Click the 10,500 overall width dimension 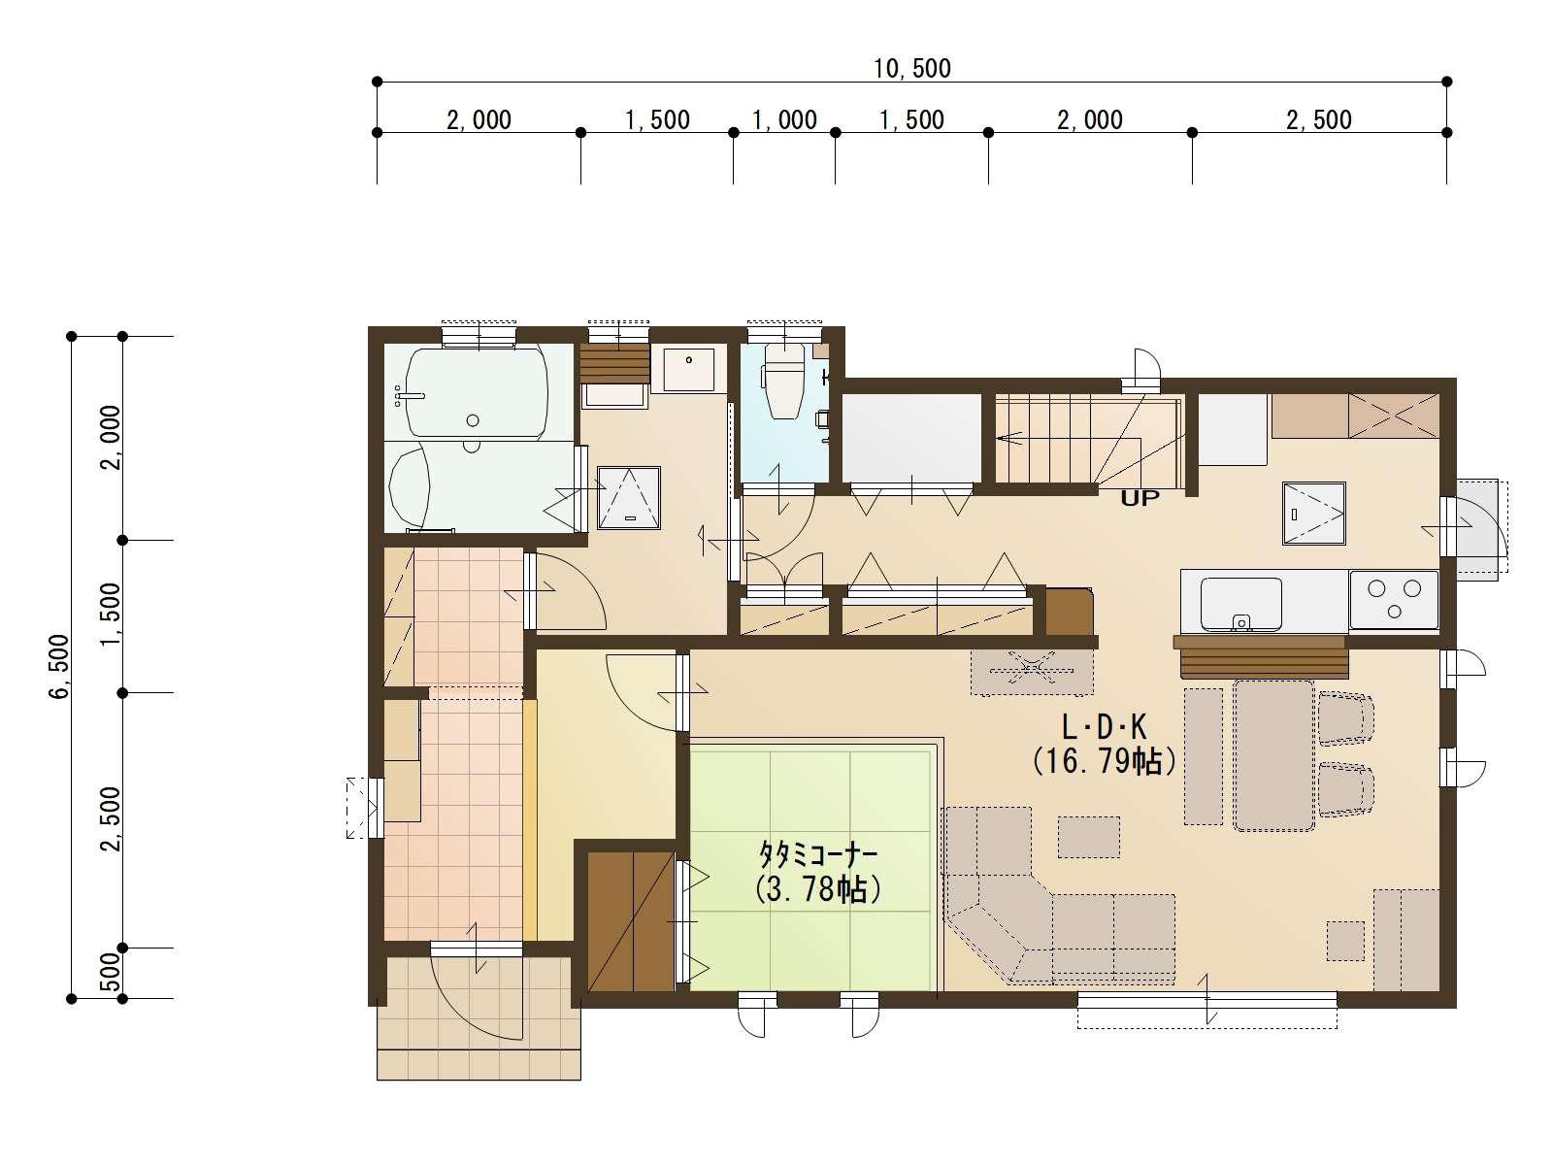click(911, 69)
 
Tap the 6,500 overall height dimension click(59, 666)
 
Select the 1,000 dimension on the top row click(784, 120)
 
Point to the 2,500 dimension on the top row click(1319, 120)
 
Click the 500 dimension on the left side click(111, 973)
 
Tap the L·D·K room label click(1104, 727)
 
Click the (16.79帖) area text click(1104, 762)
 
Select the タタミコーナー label click(817, 854)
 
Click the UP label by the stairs click(1140, 499)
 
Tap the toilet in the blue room click(784, 382)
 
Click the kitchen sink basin click(1241, 604)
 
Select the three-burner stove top click(1394, 600)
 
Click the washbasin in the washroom click(688, 368)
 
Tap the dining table click(1273, 754)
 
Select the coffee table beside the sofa click(1089, 838)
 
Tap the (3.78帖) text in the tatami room click(817, 890)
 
